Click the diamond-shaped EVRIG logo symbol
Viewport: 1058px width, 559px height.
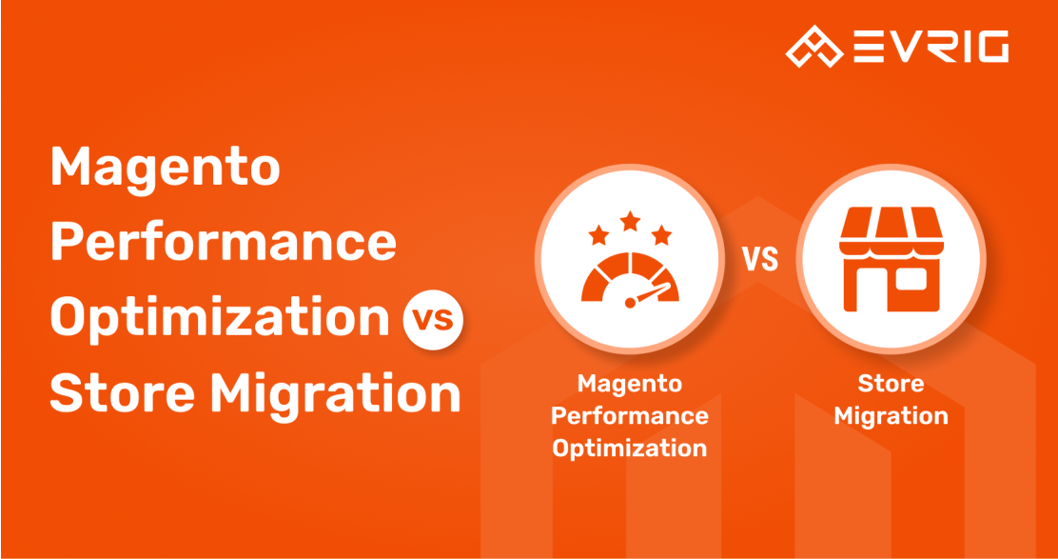[814, 47]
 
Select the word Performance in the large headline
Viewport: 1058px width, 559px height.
[224, 243]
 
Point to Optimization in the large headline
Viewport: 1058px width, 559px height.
[220, 317]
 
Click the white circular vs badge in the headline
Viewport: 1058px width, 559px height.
[433, 319]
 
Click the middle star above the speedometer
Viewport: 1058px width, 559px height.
[630, 220]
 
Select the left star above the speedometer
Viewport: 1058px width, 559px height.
[598, 235]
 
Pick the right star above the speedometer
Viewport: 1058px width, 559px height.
[662, 235]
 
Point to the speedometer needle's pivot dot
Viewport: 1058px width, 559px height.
[630, 303]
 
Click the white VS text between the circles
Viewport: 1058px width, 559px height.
[760, 259]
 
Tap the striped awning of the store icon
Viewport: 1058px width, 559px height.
[891, 231]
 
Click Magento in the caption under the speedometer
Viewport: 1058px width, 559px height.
[630, 385]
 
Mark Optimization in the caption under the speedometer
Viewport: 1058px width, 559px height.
[630, 449]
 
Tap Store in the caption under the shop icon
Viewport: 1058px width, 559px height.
[891, 384]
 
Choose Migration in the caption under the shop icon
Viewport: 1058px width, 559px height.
[891, 416]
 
